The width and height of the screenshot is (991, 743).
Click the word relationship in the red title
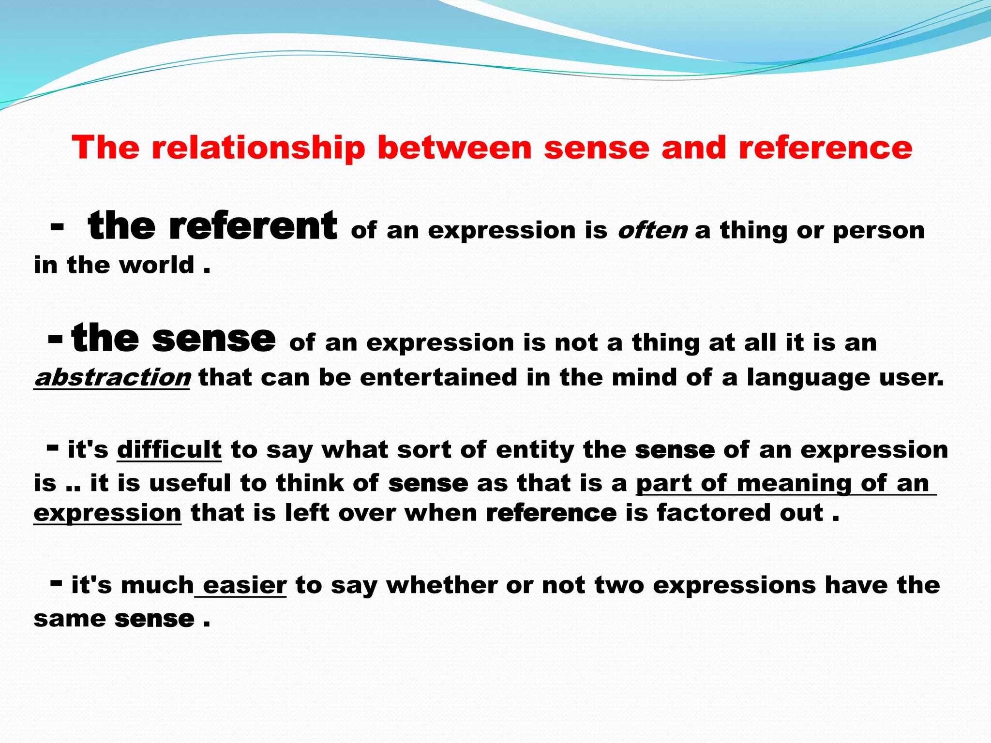click(258, 147)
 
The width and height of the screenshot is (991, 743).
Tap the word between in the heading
click(454, 147)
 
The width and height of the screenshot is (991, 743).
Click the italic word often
click(652, 230)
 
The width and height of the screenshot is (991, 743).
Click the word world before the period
click(157, 265)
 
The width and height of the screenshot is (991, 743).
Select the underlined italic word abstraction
click(112, 377)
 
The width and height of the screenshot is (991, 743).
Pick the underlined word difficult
click(169, 450)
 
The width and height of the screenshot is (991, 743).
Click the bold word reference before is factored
click(551, 513)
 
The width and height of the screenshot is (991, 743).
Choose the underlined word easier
click(244, 585)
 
